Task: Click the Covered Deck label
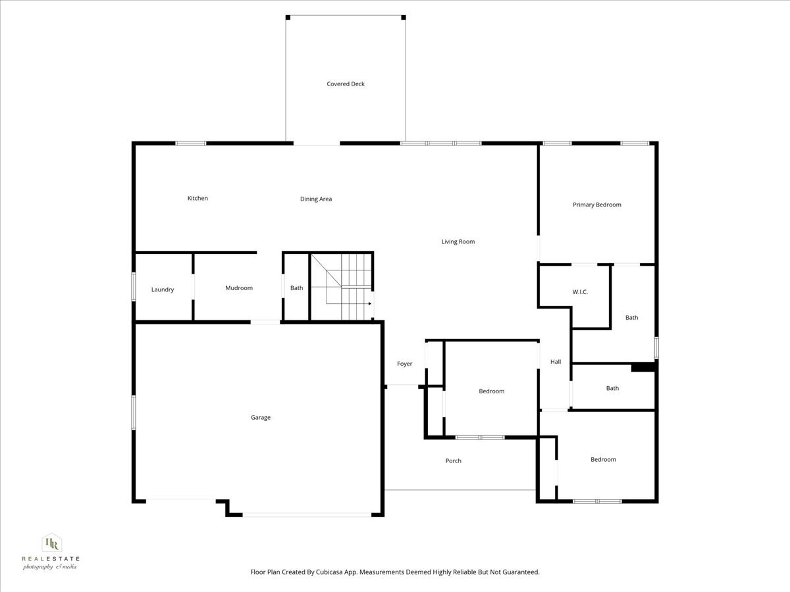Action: coord(346,84)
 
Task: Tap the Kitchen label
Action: coord(197,198)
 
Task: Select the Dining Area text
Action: coord(316,199)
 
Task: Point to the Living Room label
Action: coord(458,241)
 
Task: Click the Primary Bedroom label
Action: coord(596,205)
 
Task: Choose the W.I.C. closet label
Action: coord(579,291)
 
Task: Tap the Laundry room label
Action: coord(163,289)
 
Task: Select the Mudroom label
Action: coord(239,288)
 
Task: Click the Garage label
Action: coord(261,417)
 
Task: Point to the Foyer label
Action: coord(404,364)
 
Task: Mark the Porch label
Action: coord(454,460)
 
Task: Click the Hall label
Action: coord(556,362)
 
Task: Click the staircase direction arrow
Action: coord(369,303)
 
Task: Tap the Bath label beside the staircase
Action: coord(297,288)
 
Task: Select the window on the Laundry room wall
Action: coord(134,287)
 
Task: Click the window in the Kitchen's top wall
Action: coord(190,143)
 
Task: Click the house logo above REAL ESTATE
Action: coord(51,543)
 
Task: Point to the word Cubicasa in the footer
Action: coord(336,572)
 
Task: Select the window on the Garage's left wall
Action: coord(134,412)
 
